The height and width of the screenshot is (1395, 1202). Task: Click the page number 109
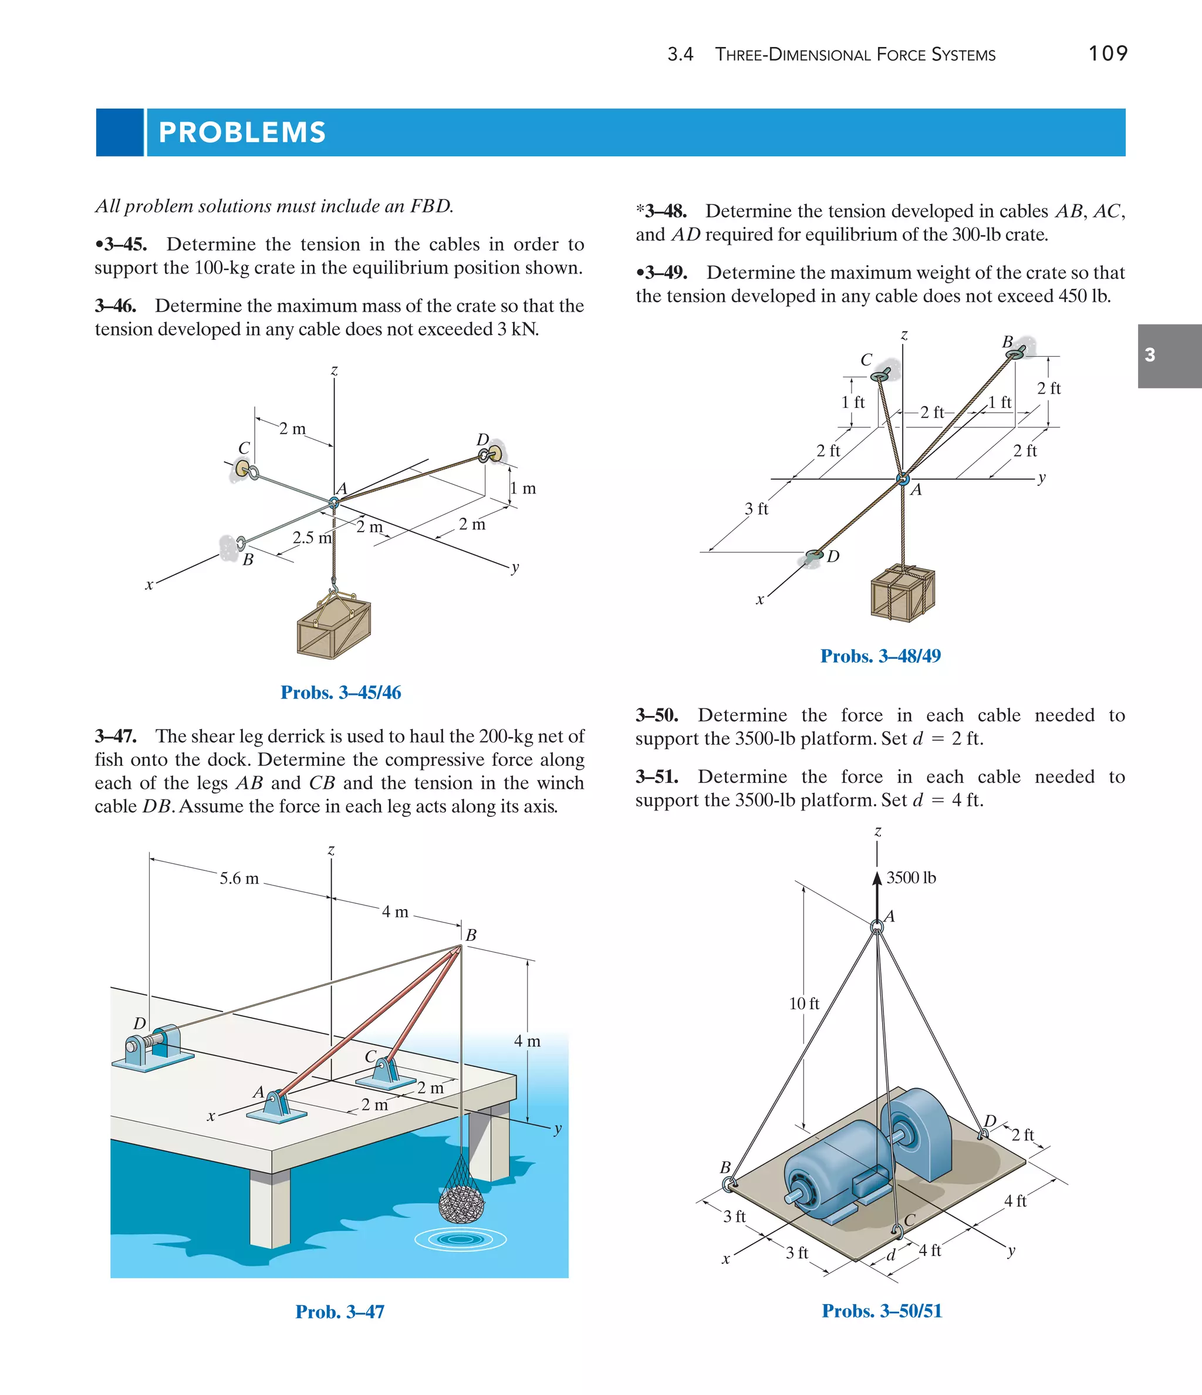[x=1108, y=53]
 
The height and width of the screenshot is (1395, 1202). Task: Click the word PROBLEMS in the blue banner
[x=242, y=133]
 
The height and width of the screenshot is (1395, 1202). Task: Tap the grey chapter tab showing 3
[x=1169, y=356]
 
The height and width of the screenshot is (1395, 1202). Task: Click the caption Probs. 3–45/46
[x=341, y=692]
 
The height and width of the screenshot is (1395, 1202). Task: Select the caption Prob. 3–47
[x=339, y=1312]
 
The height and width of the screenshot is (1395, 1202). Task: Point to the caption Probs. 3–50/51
[x=882, y=1311]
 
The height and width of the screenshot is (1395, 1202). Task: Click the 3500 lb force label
[x=910, y=877]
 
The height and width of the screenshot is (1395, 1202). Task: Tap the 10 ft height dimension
[x=804, y=1003]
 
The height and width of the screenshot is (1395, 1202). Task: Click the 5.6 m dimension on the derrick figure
[x=239, y=878]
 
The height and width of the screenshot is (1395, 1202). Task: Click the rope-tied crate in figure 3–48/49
[x=902, y=593]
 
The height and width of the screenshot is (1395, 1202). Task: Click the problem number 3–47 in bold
[x=116, y=736]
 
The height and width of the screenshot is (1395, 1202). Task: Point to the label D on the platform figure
[x=989, y=1120]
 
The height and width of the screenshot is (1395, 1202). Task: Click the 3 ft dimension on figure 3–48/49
[x=756, y=509]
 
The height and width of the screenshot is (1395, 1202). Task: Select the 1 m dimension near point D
[x=522, y=488]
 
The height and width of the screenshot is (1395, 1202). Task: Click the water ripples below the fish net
[x=461, y=1238]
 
